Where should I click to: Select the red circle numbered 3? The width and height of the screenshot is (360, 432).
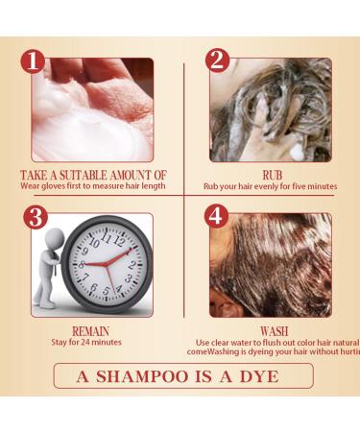pos(36,216)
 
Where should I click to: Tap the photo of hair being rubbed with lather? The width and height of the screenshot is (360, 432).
pos(274,108)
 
